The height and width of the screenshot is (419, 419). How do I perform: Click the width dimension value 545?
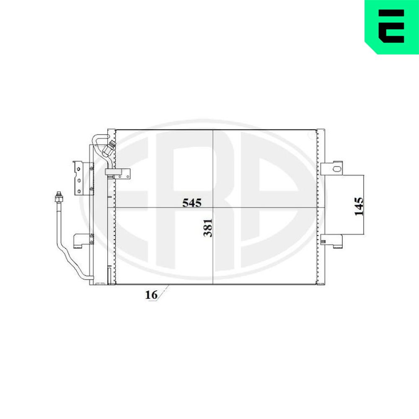coord(191,203)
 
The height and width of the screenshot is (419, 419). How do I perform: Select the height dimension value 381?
coord(208,228)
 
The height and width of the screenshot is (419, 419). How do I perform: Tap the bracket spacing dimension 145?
coord(359,206)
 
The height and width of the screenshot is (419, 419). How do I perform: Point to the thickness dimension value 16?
coord(151,295)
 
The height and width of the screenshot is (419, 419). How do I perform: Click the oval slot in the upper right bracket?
coord(337,168)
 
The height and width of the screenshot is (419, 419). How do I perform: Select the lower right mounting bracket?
coord(331,241)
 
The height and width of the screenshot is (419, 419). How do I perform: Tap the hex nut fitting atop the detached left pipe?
coord(59,198)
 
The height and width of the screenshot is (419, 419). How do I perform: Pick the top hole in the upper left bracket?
coord(79,169)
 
